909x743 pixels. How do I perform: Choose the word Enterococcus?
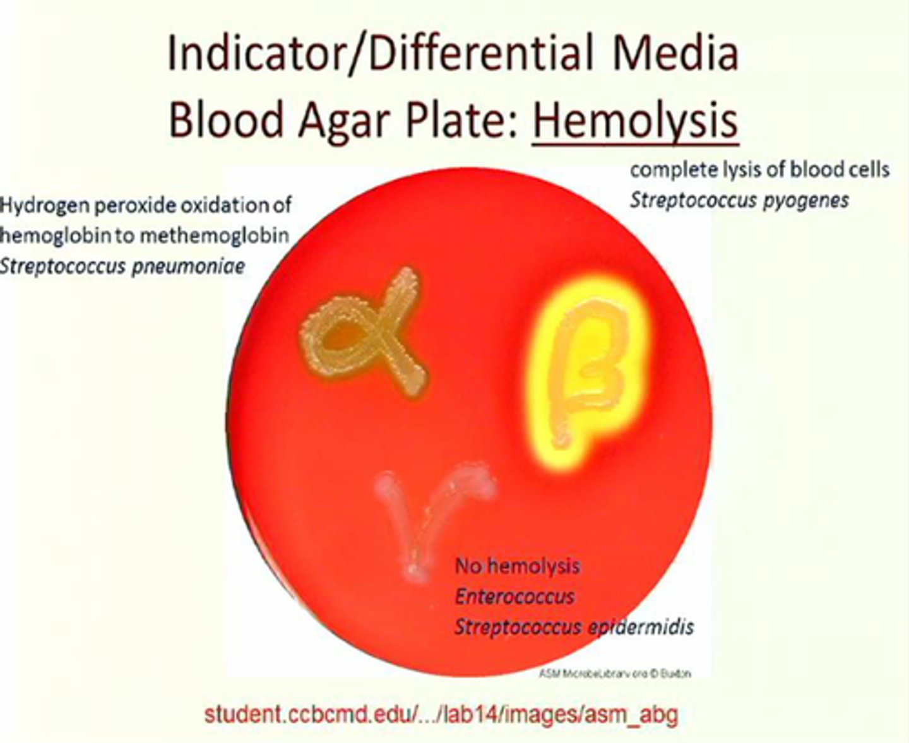514,596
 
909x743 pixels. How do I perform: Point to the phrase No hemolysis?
517,566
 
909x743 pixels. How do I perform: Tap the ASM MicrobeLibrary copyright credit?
614,674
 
